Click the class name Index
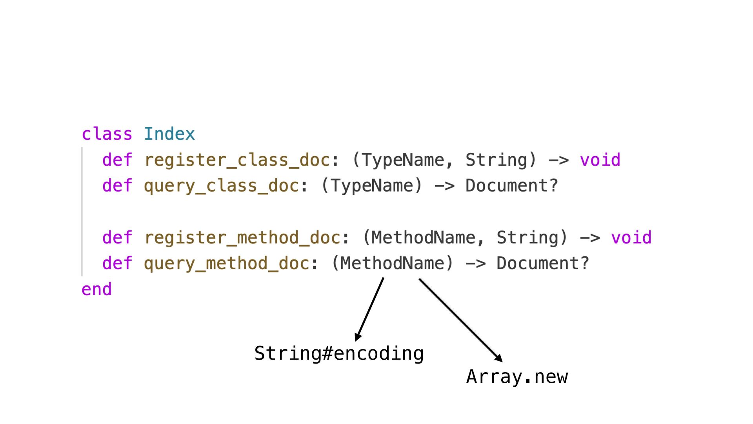pyautogui.click(x=169, y=134)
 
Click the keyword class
pyautogui.click(x=107, y=134)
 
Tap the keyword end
pyautogui.click(x=96, y=289)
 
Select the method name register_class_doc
pyautogui.click(x=237, y=160)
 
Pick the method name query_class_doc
pyautogui.click(x=221, y=186)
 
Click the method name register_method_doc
pyautogui.click(x=242, y=238)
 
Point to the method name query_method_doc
pyautogui.click(x=226, y=263)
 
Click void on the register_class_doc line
pyautogui.click(x=600, y=160)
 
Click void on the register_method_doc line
pyautogui.click(x=631, y=238)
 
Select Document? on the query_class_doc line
pyautogui.click(x=511, y=186)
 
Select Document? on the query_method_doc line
pyautogui.click(x=543, y=263)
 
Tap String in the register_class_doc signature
pyautogui.click(x=496, y=160)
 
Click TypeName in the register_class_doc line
pyautogui.click(x=403, y=160)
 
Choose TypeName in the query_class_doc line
pyautogui.click(x=372, y=186)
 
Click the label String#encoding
pyautogui.click(x=339, y=353)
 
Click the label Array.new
pyautogui.click(x=517, y=376)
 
